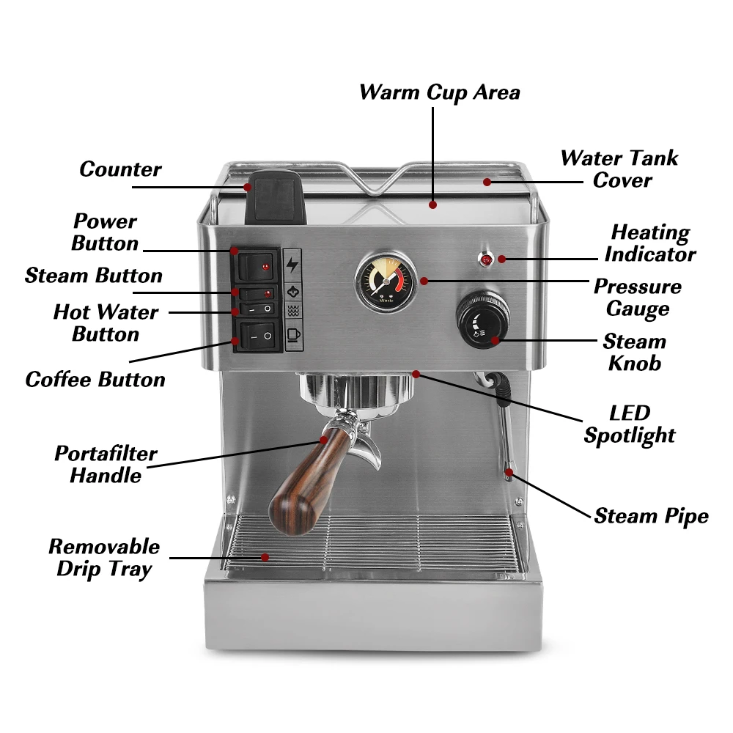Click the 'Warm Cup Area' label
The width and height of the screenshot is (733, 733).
(439, 92)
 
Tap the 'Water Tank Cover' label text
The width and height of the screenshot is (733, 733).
(619, 169)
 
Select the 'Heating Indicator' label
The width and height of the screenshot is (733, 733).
(649, 243)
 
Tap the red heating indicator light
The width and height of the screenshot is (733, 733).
(486, 259)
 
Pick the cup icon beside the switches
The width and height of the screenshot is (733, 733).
(293, 335)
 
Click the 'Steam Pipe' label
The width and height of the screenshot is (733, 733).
(651, 515)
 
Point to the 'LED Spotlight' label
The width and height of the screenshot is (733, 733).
(629, 424)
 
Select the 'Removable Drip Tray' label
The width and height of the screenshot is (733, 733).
(103, 557)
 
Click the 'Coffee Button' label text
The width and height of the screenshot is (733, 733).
(95, 379)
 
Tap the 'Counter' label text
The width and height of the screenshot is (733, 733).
(120, 169)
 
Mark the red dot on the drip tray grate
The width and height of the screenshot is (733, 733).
(265, 557)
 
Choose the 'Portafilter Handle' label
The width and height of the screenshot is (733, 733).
(106, 464)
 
